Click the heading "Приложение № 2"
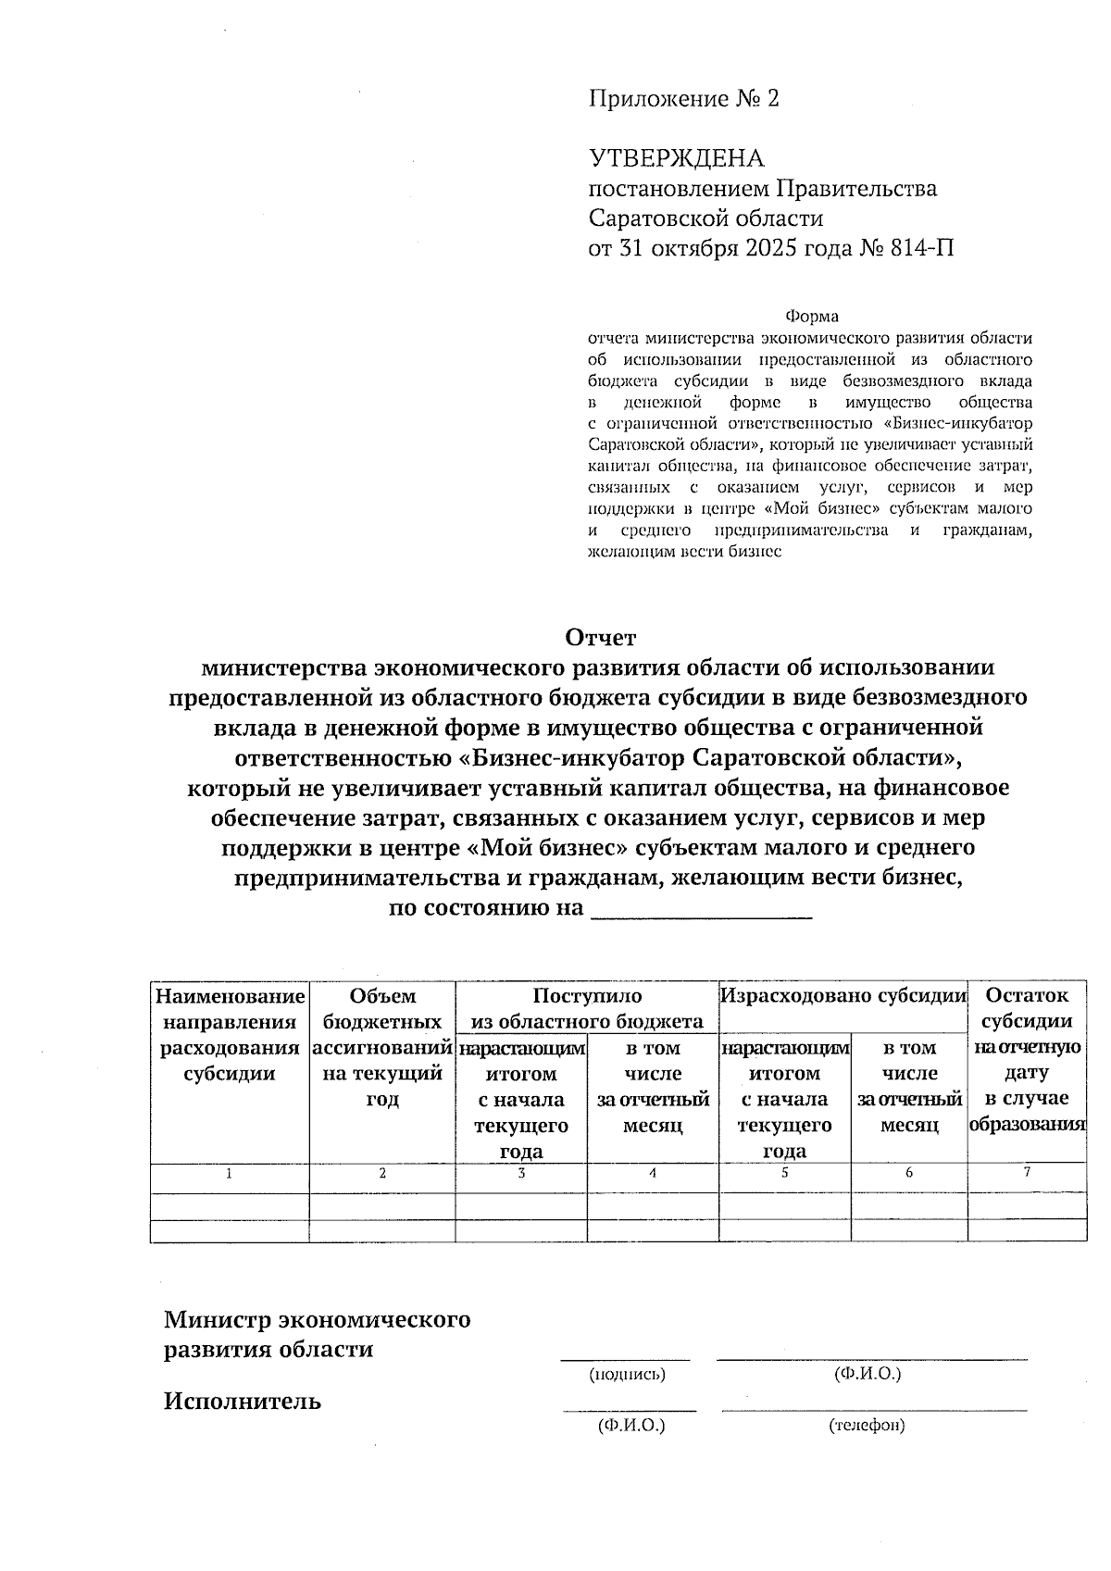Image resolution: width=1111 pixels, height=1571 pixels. tap(684, 99)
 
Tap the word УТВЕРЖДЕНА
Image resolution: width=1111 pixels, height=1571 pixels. tap(677, 158)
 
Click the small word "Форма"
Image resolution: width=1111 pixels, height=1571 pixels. tap(811, 318)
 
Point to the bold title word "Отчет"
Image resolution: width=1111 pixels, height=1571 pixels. tap(601, 638)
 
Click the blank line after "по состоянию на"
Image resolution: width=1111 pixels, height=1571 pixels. tap(701, 910)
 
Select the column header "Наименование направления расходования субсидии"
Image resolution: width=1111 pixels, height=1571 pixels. tap(230, 1034)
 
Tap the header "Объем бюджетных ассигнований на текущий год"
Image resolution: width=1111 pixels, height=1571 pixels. tap(382, 1047)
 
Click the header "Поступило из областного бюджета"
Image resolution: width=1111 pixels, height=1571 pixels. tap(587, 1008)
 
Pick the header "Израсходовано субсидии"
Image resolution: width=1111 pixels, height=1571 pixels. tap(843, 996)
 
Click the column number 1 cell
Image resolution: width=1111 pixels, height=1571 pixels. tap(229, 1173)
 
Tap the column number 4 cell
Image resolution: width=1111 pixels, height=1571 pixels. tap(652, 1173)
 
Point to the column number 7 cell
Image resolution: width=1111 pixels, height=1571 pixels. tap(1026, 1172)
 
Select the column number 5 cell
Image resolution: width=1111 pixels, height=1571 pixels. tap(784, 1173)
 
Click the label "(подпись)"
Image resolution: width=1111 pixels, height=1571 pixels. tap(628, 1375)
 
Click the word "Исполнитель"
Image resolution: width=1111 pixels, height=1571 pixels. tap(243, 1401)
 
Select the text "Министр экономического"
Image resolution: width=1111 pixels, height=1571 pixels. tap(317, 1319)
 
